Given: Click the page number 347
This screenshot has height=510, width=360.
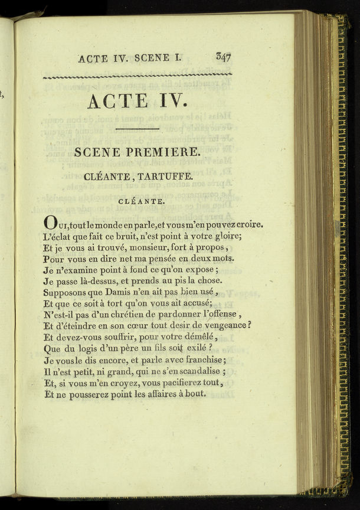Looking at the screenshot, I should point(223,57).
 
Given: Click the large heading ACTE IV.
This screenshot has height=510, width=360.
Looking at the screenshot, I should point(137,101).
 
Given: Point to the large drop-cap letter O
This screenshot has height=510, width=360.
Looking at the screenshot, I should point(51,225).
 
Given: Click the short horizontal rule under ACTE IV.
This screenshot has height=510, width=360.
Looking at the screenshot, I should point(137,128).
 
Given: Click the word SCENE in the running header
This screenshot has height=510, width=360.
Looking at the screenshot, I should point(152,58).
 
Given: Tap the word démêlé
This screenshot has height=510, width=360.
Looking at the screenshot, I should point(197,337).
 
